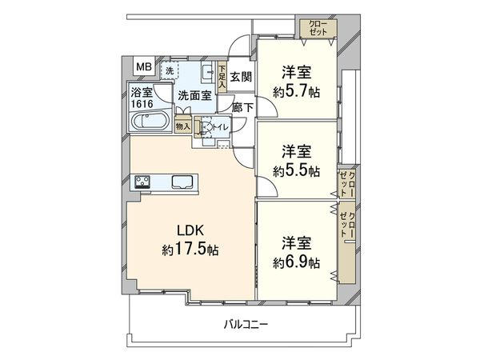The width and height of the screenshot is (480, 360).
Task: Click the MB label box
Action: (x=141, y=66)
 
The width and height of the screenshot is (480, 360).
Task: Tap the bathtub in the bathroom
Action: (x=147, y=125)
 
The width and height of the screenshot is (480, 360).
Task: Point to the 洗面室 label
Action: (x=194, y=94)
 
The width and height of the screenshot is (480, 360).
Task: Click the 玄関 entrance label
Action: (x=241, y=77)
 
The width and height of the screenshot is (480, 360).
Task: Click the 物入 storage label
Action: (x=182, y=126)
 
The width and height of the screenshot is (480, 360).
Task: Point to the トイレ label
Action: (x=216, y=126)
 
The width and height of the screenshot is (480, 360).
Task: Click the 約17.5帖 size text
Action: (x=190, y=250)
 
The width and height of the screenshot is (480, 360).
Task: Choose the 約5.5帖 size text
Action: (x=296, y=170)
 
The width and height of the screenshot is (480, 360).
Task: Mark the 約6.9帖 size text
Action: (x=296, y=262)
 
